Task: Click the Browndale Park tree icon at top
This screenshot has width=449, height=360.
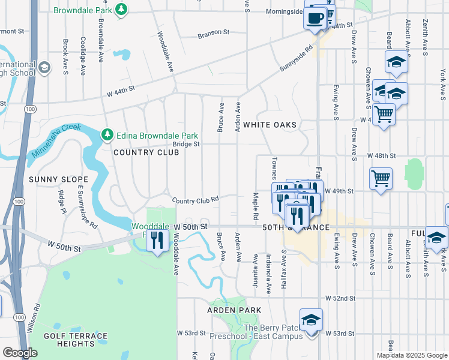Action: click(121, 10)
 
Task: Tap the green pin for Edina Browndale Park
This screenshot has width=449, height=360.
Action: click(107, 134)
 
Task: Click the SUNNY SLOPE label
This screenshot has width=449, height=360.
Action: click(58, 179)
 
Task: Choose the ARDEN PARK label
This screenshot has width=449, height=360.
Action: click(234, 310)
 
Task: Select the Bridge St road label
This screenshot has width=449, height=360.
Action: click(186, 144)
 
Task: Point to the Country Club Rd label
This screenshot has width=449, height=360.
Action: click(194, 200)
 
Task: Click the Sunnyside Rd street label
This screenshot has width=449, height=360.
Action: click(297, 60)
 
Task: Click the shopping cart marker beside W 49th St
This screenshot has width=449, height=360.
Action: click(381, 178)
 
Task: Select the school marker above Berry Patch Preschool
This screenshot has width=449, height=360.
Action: click(311, 320)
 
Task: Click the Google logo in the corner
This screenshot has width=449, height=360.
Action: click(20, 353)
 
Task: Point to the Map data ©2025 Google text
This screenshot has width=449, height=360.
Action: click(411, 355)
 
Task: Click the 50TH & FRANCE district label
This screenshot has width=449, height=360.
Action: click(295, 227)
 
